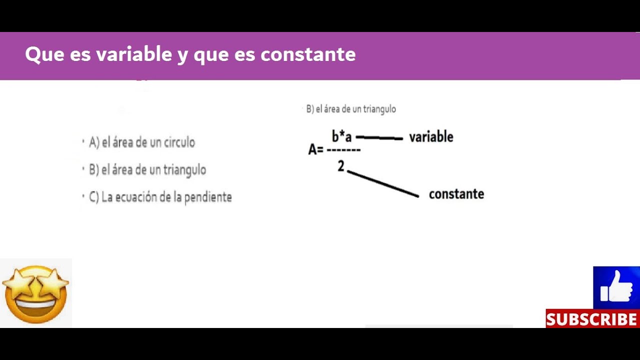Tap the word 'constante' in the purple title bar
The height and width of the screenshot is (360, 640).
pyautogui.click(x=308, y=54)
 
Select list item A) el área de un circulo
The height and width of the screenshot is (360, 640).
pyautogui.click(x=142, y=142)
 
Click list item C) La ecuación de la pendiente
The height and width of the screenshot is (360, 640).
pyautogui.click(x=160, y=197)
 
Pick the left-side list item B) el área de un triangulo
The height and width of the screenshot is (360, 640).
pyautogui.click(x=147, y=170)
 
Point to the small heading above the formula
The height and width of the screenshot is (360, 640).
pyautogui.click(x=351, y=109)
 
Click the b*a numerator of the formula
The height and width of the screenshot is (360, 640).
pyautogui.click(x=341, y=136)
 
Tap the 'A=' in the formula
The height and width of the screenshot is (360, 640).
pyautogui.click(x=315, y=149)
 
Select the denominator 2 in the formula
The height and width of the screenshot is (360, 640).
pyautogui.click(x=341, y=166)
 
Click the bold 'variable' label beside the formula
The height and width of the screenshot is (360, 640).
pyautogui.click(x=431, y=137)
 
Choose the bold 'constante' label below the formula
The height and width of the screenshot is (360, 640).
pyautogui.click(x=456, y=194)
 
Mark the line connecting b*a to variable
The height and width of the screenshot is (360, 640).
pyautogui.click(x=379, y=137)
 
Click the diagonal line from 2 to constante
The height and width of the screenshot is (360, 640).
pyautogui.click(x=383, y=184)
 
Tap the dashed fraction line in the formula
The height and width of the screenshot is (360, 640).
pyautogui.click(x=343, y=149)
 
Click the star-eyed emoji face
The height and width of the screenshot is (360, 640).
pyautogui.click(x=36, y=293)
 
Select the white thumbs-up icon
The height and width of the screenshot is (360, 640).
pyautogui.click(x=616, y=287)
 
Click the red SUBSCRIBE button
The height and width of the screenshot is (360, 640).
pyautogui.click(x=592, y=319)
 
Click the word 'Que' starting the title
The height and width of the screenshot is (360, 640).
pyautogui.click(x=44, y=54)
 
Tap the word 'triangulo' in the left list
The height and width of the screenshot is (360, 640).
pyautogui.click(x=184, y=170)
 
